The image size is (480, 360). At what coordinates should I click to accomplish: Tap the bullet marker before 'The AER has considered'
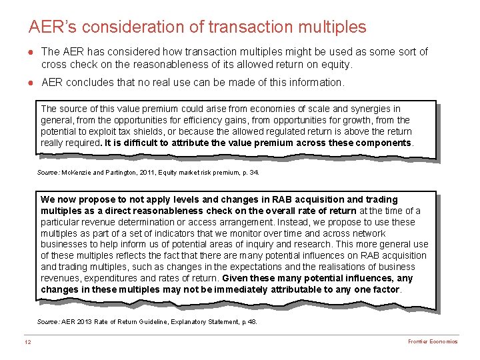(x=31, y=52)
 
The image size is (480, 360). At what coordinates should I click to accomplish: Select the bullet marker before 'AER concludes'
(x=31, y=83)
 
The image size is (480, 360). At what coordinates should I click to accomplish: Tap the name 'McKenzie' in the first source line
(x=76, y=172)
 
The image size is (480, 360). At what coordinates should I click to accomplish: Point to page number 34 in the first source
(x=253, y=172)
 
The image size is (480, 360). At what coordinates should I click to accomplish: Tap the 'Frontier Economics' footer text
(x=433, y=341)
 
